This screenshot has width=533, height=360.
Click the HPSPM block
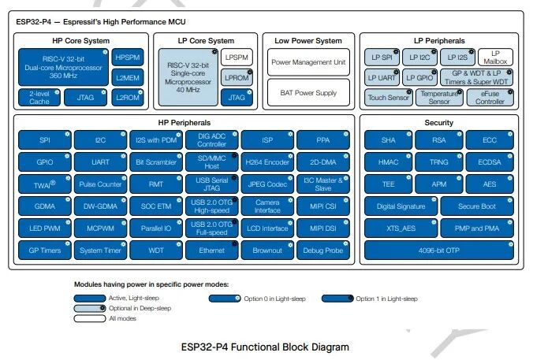click(x=128, y=58)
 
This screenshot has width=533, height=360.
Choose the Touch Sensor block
click(x=386, y=98)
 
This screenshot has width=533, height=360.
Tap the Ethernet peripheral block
click(x=211, y=251)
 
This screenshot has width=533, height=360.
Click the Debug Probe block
click(x=323, y=251)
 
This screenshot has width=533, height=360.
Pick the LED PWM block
click(x=44, y=228)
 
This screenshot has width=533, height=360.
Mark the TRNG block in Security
click(x=438, y=162)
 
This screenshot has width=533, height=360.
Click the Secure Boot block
click(x=478, y=206)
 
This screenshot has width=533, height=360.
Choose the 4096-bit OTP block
click(x=438, y=251)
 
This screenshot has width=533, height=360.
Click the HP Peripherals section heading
click(x=183, y=124)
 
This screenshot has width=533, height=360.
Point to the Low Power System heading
click(x=307, y=41)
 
